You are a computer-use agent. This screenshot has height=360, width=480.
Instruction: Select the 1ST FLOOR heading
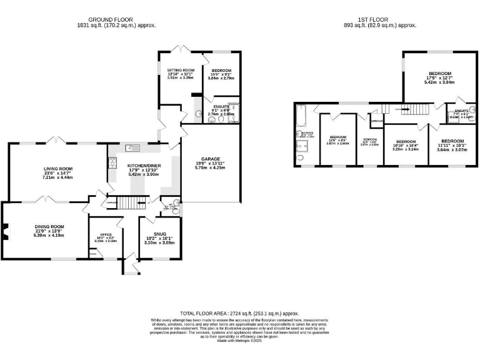click(x=380, y=19)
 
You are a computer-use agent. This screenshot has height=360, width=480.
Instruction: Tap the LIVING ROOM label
click(x=58, y=169)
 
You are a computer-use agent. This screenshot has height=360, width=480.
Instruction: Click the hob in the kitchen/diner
click(x=113, y=163)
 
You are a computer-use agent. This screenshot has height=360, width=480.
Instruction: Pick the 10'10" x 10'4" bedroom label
click(x=404, y=142)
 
